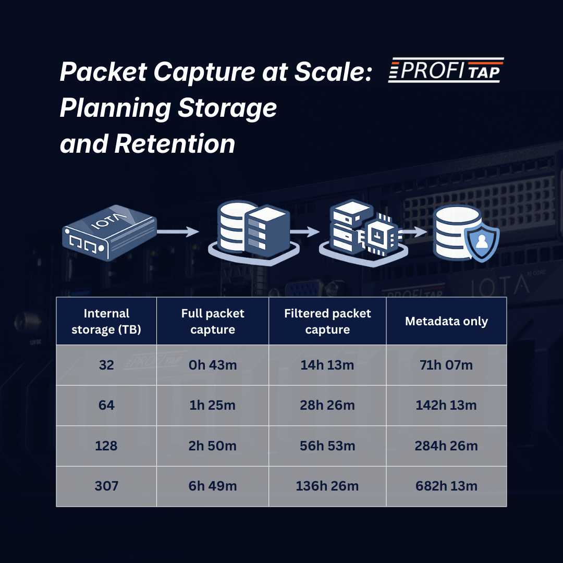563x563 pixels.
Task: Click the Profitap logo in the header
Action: coord(446,70)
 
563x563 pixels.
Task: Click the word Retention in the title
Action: coord(175,143)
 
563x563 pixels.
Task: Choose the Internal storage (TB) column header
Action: coord(106,321)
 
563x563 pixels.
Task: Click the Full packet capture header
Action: coord(213,321)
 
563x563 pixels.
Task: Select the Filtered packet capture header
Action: coord(327,321)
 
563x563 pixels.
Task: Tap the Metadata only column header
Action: coord(446,321)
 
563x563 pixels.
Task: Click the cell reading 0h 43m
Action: coord(213,365)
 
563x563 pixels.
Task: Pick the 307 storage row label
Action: coord(106,486)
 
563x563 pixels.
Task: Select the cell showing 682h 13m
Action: coord(446,486)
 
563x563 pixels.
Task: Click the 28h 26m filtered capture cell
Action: coord(327,406)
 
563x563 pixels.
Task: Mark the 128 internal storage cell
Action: coord(106,446)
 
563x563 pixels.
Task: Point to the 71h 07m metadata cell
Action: coord(446,365)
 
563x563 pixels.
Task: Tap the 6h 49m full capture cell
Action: coord(213,486)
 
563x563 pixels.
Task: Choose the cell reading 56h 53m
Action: coord(327,446)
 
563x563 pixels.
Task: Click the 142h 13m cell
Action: coord(446,406)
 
